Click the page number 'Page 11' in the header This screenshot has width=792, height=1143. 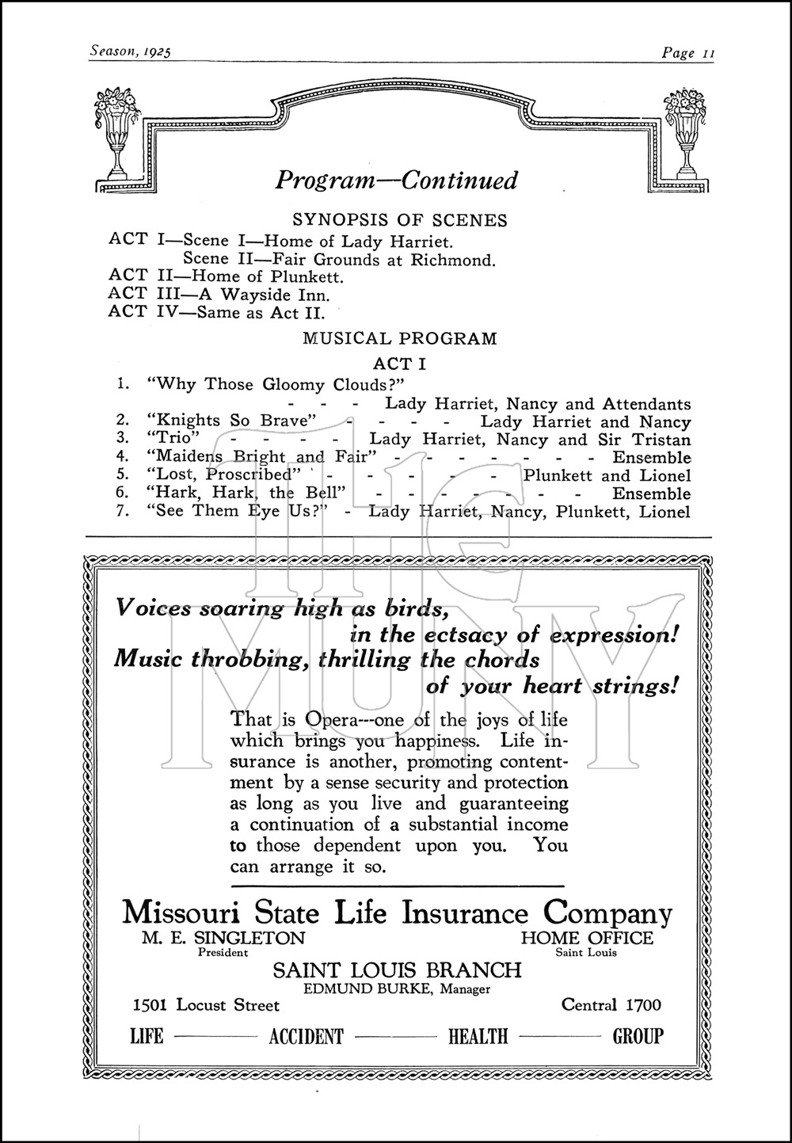coord(688,53)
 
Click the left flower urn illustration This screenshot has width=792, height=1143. coord(116,134)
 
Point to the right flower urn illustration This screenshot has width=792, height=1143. coord(686,134)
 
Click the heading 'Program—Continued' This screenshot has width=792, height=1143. coord(396,181)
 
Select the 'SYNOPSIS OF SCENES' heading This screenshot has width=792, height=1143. coord(400,220)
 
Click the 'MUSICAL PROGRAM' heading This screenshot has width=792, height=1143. coord(400,338)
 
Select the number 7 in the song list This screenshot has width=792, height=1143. coord(122,511)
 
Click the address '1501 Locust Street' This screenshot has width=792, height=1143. coord(206,1005)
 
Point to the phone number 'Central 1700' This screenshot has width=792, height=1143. coord(611,1005)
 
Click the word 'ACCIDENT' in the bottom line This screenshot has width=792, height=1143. coord(307,1036)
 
